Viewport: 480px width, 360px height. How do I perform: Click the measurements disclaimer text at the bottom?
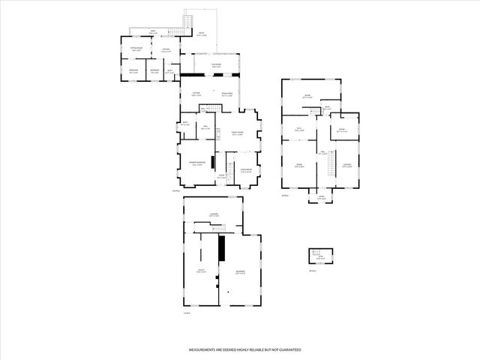[244, 350]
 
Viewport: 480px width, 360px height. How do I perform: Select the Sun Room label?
[216, 65]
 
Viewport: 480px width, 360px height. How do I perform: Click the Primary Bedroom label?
[196, 164]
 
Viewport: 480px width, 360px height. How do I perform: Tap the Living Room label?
[245, 171]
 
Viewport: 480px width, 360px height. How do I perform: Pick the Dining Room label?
[226, 94]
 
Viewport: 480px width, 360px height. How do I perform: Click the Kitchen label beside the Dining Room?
[196, 94]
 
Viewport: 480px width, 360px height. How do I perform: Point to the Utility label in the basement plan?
[201, 271]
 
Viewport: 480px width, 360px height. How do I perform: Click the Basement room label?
[240, 271]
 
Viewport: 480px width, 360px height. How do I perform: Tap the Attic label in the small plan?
[320, 257]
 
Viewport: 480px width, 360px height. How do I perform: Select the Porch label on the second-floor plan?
[320, 198]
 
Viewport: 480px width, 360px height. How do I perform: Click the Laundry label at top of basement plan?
[214, 215]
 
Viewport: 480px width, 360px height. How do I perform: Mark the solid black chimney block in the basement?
[222, 247]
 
